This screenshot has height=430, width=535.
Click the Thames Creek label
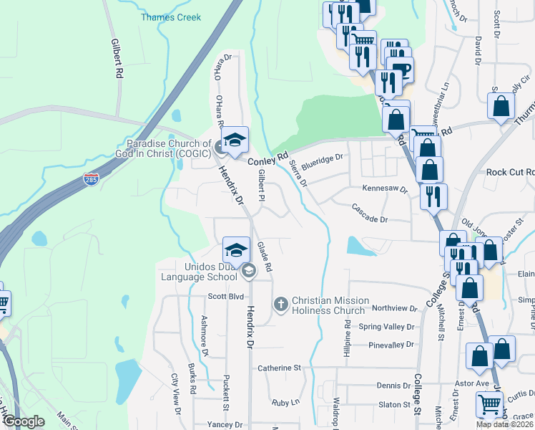(x=171, y=17)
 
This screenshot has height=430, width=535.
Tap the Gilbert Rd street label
(x=117, y=58)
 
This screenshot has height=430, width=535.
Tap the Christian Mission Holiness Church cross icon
(x=280, y=304)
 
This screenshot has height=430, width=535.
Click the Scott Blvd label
(x=226, y=296)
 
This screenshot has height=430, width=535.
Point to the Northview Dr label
(x=395, y=308)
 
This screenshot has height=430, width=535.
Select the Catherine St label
(x=279, y=368)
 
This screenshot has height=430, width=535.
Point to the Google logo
(x=23, y=421)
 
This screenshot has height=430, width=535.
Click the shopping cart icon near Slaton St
(x=489, y=404)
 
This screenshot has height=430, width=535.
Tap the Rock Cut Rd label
(x=510, y=172)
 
